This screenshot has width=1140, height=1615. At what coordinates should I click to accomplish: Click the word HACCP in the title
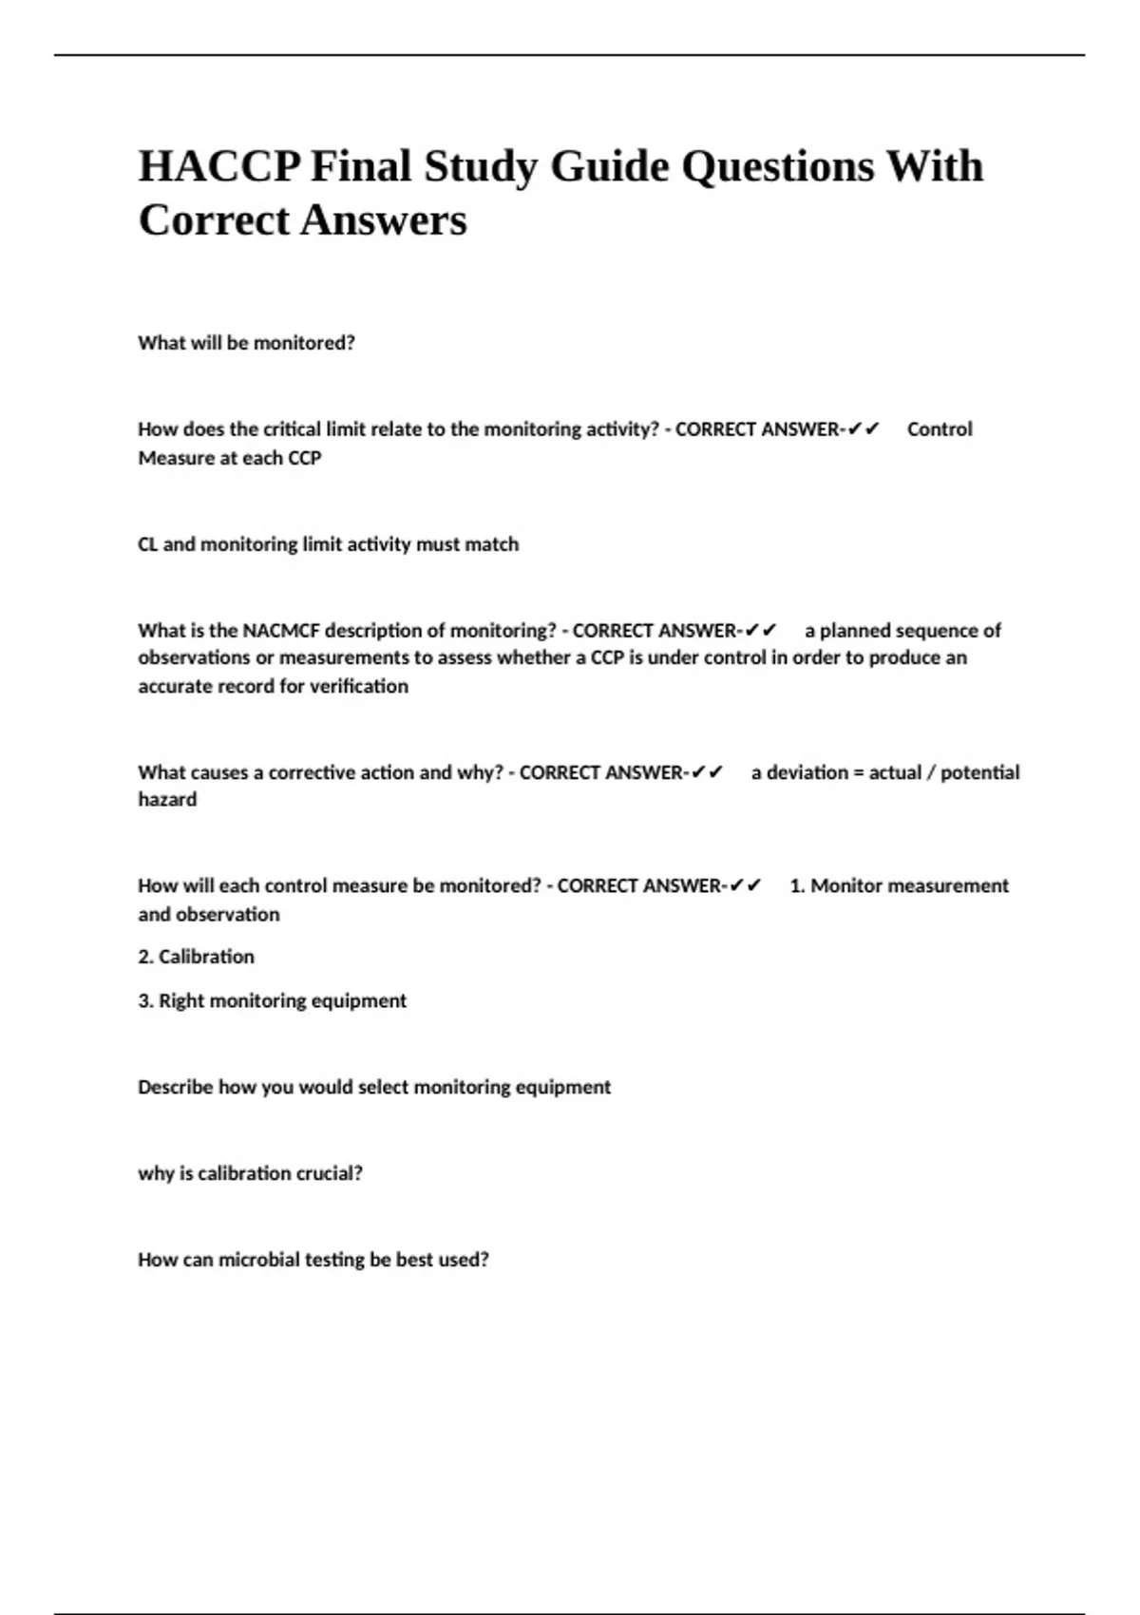tap(220, 166)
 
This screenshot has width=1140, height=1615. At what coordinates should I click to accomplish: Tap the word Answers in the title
tap(384, 220)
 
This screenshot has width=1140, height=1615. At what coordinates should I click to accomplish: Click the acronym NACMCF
tap(281, 631)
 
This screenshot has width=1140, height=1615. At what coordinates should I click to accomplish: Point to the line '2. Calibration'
tap(197, 957)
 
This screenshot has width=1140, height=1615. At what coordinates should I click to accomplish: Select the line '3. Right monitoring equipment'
tap(273, 1000)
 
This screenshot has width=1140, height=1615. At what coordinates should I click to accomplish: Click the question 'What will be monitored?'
tap(247, 343)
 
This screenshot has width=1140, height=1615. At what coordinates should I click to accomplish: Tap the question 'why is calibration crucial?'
tap(251, 1173)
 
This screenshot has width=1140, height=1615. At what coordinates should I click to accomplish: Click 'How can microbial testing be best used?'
tap(313, 1260)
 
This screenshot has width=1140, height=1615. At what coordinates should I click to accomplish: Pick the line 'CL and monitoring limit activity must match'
tap(329, 544)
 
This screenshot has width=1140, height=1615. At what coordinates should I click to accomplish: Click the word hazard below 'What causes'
tap(168, 800)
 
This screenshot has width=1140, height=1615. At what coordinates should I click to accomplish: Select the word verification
tap(360, 686)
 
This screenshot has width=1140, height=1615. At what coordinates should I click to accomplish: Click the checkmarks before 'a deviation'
tap(708, 772)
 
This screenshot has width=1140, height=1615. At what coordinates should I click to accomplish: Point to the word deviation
tap(807, 772)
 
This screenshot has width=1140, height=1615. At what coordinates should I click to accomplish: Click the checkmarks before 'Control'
tap(864, 429)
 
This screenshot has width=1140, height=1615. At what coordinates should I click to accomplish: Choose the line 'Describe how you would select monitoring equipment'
tap(374, 1087)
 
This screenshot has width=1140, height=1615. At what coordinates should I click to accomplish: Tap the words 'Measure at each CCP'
tap(230, 458)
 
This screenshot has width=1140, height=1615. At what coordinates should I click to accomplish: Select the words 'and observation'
tap(209, 915)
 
